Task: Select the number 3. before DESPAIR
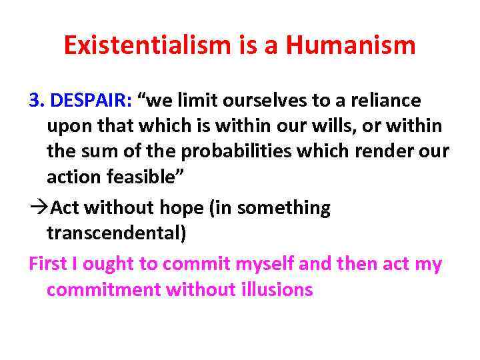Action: coord(37,101)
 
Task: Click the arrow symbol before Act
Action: coord(38,208)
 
